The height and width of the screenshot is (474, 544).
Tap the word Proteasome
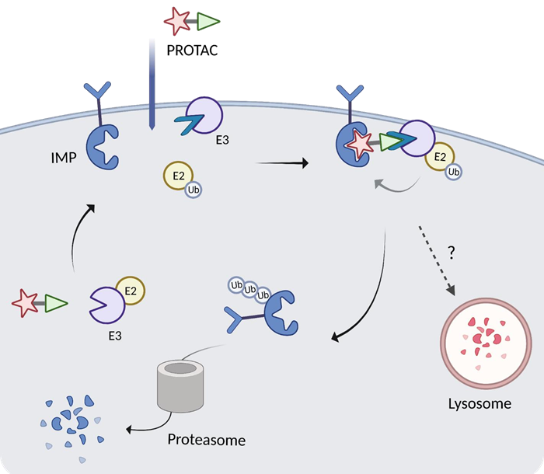pos(206,440)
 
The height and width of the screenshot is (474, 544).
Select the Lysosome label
pos(479,403)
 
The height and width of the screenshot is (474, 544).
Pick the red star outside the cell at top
pos(176,22)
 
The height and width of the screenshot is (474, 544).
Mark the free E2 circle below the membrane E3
pos(177,176)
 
